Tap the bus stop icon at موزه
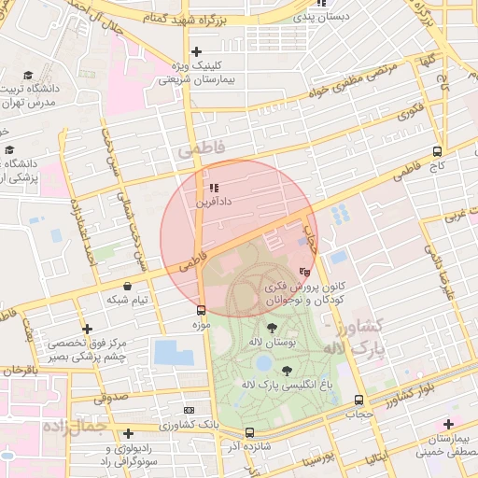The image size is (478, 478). click(x=201, y=310)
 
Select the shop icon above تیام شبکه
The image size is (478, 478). click(x=127, y=285)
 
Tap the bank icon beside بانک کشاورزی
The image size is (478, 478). click(x=190, y=410)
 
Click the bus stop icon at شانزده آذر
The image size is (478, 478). click(x=248, y=432)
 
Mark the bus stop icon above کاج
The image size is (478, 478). click(x=437, y=151)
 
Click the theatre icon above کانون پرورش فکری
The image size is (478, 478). click(x=303, y=272)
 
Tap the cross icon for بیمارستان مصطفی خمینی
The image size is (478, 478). click(x=449, y=425)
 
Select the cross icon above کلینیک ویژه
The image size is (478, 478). click(x=195, y=52)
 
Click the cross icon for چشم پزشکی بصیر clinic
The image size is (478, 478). click(x=87, y=329)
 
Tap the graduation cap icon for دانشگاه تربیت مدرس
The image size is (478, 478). click(x=29, y=75)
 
